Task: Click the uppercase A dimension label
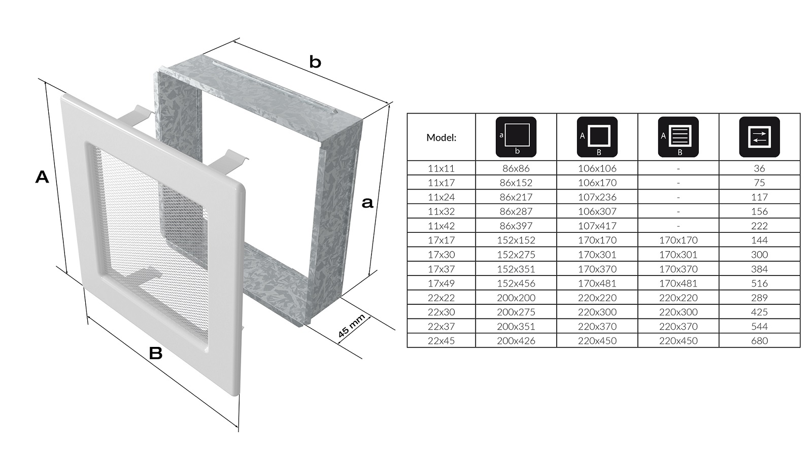click(42, 178)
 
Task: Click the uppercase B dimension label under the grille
click(155, 353)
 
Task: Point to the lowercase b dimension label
click(315, 62)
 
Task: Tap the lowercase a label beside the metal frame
click(367, 203)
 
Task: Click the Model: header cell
click(441, 137)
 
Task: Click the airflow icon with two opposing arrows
click(759, 137)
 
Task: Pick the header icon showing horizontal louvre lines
click(678, 137)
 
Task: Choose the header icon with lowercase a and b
click(516, 137)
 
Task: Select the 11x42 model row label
click(441, 226)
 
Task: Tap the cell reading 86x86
click(516, 168)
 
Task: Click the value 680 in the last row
click(759, 341)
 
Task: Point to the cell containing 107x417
click(597, 226)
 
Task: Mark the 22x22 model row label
click(441, 298)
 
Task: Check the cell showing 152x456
click(516, 283)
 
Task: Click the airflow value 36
click(759, 168)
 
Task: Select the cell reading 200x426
click(516, 341)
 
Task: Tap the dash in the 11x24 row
click(678, 197)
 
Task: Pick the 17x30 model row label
click(441, 255)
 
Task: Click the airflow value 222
click(759, 226)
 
